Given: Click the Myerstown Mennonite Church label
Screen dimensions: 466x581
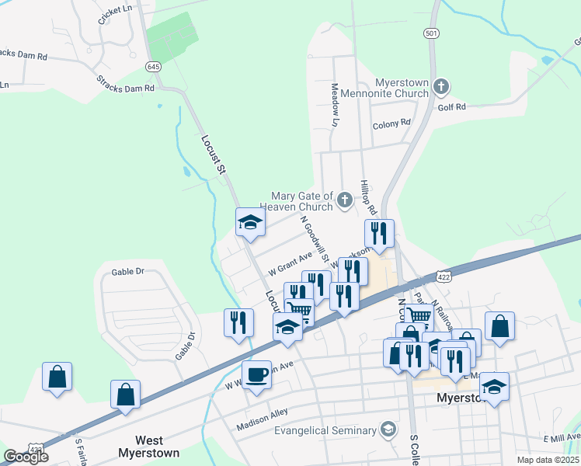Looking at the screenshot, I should pyautogui.click(x=402, y=88).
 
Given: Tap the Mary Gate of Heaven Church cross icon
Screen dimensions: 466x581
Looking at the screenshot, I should pyautogui.click(x=344, y=201).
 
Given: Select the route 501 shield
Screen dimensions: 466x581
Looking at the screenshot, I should pyautogui.click(x=431, y=33).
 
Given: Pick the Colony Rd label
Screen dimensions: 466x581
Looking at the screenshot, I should pyautogui.click(x=391, y=123).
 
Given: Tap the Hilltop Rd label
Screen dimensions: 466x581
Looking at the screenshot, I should pyautogui.click(x=368, y=198).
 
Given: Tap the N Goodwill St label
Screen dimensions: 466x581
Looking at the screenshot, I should pyautogui.click(x=315, y=239).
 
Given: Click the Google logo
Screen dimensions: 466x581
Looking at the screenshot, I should pyautogui.click(x=26, y=457).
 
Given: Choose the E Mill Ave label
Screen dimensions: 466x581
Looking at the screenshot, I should pyautogui.click(x=562, y=438).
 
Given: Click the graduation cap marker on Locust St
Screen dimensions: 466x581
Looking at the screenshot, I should pyautogui.click(x=250, y=224).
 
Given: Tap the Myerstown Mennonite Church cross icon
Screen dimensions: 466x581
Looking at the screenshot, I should pyautogui.click(x=440, y=85).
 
